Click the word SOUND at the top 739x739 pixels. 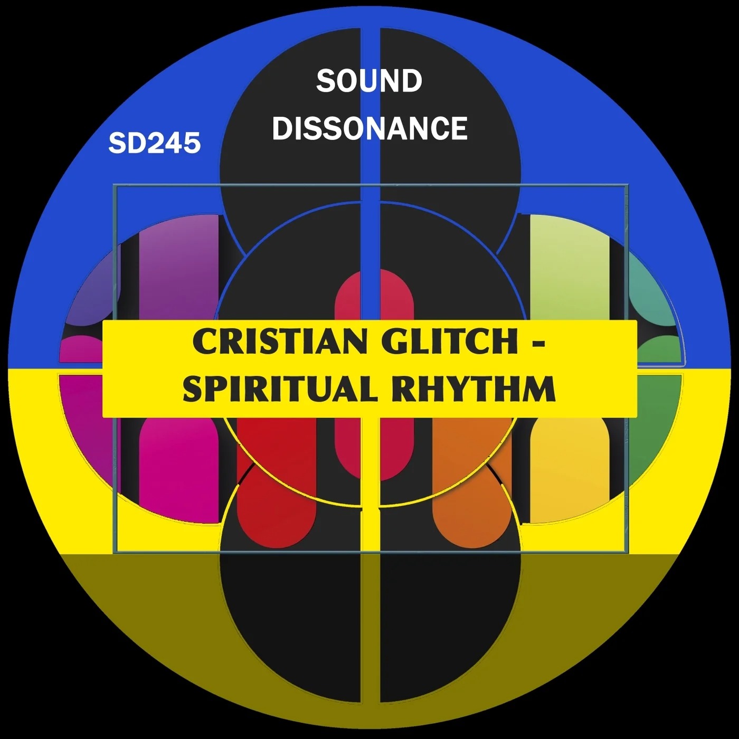(369, 81)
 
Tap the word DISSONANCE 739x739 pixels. (369, 128)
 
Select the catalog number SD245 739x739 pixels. (155, 143)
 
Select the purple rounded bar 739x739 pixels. (179, 269)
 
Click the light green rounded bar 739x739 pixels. (570, 269)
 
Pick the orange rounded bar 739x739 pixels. (472, 482)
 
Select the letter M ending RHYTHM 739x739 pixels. (541, 389)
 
